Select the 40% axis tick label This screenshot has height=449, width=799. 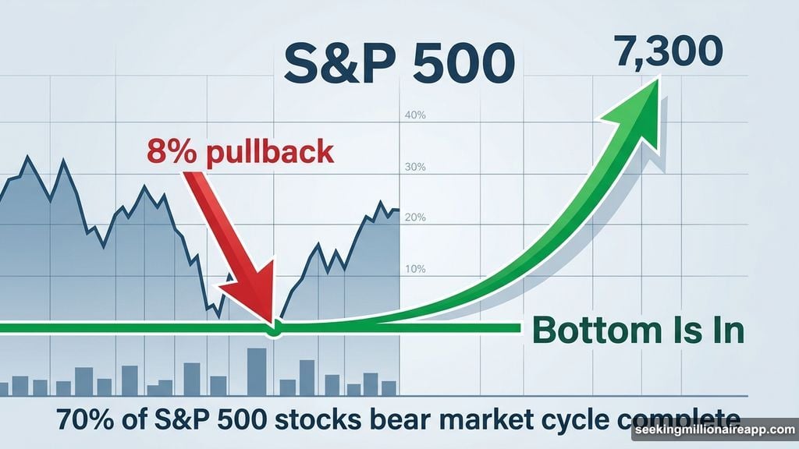[x=415, y=116]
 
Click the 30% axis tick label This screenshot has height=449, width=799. [x=415, y=167]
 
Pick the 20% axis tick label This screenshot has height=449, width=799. [x=415, y=217]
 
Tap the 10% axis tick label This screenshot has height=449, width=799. [x=415, y=269]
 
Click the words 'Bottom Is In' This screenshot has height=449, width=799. [x=637, y=331]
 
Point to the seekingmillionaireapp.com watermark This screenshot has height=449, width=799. [x=713, y=431]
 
